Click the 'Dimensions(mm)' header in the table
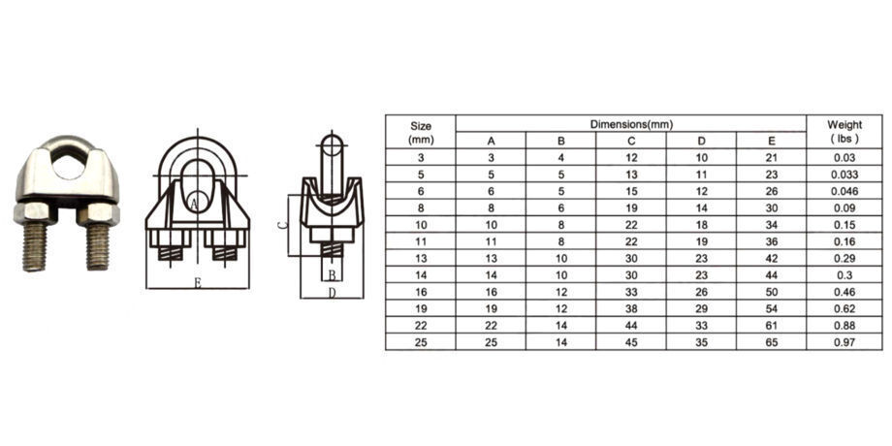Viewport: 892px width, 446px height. click(631, 124)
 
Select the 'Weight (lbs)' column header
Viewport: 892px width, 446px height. click(844, 132)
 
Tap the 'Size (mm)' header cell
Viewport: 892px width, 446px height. click(421, 132)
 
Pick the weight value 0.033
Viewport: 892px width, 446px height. click(844, 174)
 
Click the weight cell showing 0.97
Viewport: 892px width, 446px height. click(844, 342)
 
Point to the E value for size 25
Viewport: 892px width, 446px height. click(772, 342)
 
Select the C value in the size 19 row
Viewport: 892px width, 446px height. click(631, 308)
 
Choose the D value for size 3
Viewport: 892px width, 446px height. click(701, 157)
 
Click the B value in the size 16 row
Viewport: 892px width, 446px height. click(560, 292)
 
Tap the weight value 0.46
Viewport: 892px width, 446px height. click(844, 292)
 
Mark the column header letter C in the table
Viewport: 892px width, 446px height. click(631, 141)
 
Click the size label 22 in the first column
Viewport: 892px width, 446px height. click(421, 326)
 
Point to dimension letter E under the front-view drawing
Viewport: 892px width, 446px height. click(197, 283)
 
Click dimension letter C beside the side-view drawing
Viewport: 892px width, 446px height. click(281, 224)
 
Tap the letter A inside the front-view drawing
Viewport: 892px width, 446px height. click(195, 204)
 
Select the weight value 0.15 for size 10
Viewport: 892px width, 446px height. click(844, 224)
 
